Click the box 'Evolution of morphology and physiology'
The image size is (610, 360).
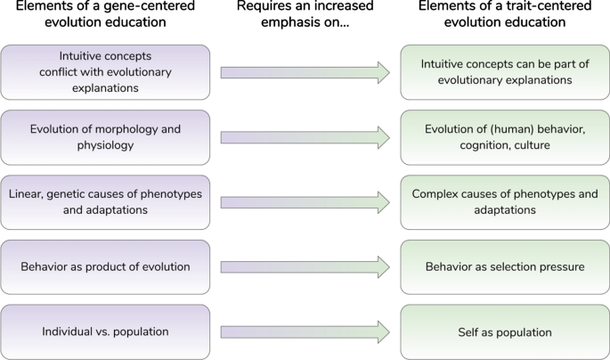106,137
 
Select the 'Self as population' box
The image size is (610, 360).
504,331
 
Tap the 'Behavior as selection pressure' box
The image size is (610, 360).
504,266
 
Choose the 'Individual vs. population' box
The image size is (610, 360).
106,331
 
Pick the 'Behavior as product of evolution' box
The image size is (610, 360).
106,266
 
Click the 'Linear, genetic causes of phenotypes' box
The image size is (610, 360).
106,201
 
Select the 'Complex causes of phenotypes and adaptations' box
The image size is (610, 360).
504,201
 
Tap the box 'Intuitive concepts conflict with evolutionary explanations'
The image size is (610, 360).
106,72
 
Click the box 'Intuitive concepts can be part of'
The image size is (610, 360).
504,72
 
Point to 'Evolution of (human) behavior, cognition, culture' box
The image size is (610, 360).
504,137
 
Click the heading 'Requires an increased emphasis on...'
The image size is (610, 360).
305,15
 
